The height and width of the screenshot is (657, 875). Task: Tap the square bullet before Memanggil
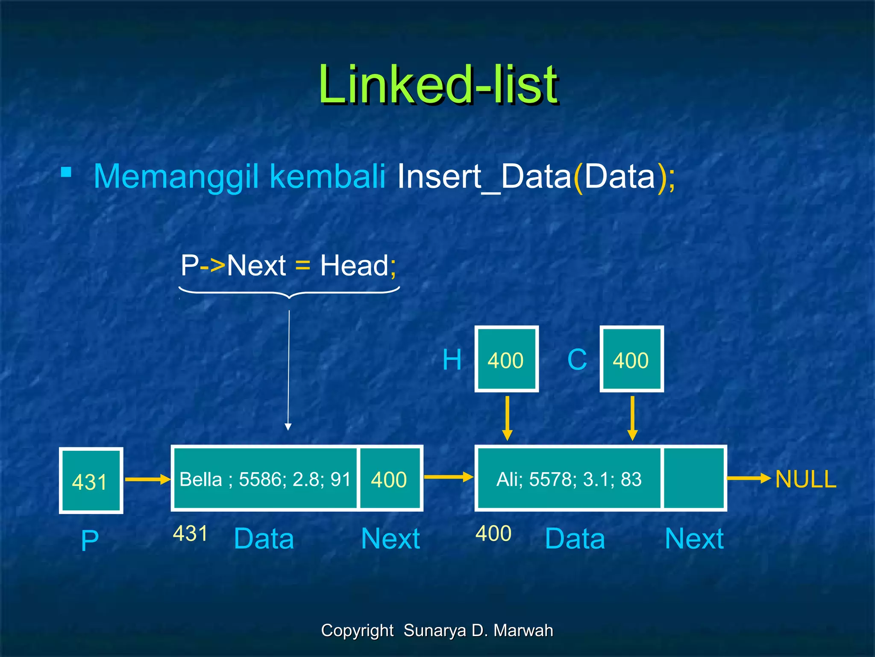[x=66, y=172]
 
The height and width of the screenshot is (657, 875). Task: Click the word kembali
[x=327, y=176]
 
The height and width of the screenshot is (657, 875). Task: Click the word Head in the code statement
[x=354, y=266]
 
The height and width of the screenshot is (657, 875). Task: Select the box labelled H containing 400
[x=506, y=359]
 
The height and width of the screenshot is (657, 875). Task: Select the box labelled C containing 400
[x=631, y=359]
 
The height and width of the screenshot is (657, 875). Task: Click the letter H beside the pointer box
[x=452, y=360]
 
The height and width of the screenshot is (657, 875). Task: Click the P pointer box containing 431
[x=91, y=481]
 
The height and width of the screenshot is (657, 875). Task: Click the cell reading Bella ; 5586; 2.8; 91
[x=265, y=479]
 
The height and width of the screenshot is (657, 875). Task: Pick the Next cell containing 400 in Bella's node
[x=389, y=479]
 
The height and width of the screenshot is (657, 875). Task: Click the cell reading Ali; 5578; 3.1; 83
[x=569, y=479]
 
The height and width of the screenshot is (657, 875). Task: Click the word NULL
[x=805, y=479]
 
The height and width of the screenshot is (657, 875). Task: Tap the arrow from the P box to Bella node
[x=147, y=479]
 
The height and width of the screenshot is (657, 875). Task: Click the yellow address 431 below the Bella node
[x=190, y=533]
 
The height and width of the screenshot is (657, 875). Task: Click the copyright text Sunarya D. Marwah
[x=478, y=630]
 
